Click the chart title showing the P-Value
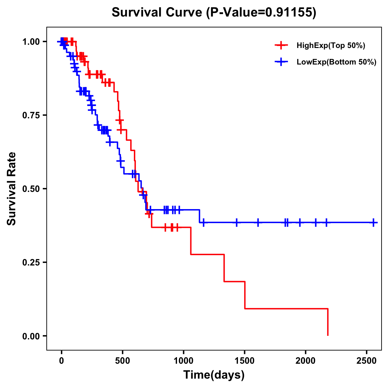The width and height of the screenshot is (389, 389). pyautogui.click(x=214, y=13)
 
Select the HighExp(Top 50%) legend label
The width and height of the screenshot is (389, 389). pyautogui.click(x=331, y=46)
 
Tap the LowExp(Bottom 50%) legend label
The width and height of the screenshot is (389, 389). pyautogui.click(x=336, y=62)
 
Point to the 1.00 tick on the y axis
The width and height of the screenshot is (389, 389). pyautogui.click(x=31, y=41)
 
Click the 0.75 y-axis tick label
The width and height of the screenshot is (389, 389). pyautogui.click(x=31, y=115)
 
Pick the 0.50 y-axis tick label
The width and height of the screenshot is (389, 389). pyautogui.click(x=31, y=189)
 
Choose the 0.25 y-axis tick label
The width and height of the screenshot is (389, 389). pyautogui.click(x=31, y=262)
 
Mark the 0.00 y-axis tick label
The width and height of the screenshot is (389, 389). pyautogui.click(x=31, y=336)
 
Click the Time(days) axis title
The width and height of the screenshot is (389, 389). pyautogui.click(x=214, y=375)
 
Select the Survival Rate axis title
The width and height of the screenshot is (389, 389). pyautogui.click(x=12, y=188)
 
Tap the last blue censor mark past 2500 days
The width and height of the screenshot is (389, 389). pyautogui.click(x=374, y=223)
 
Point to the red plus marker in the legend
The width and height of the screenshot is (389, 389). pyautogui.click(x=281, y=45)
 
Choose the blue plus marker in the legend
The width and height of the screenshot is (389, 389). pyautogui.click(x=281, y=62)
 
